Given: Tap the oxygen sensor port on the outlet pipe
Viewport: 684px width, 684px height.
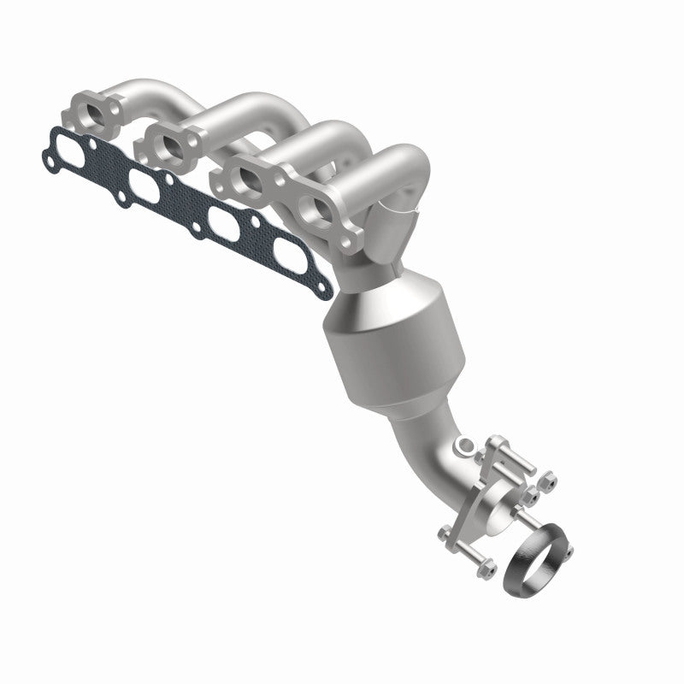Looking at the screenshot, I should [463, 445].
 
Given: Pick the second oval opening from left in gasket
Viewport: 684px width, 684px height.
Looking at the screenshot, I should [142, 182].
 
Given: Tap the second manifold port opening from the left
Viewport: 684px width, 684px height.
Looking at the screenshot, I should [170, 142].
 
